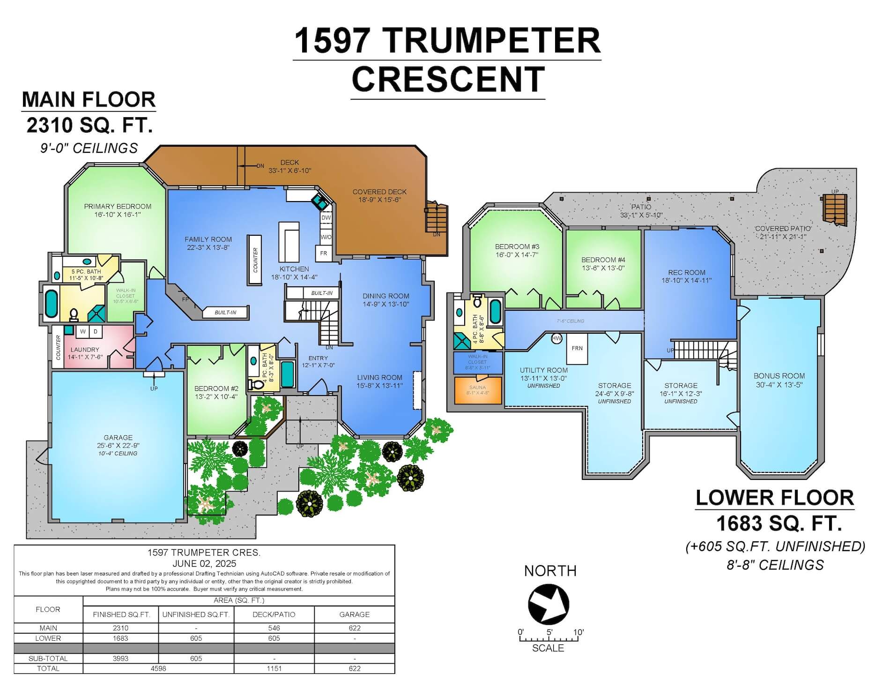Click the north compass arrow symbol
point(549,604)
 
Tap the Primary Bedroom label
point(118,207)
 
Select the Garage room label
point(118,438)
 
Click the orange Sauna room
point(478,390)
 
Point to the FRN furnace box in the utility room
point(577,348)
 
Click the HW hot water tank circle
point(556,338)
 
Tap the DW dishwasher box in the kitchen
point(326,218)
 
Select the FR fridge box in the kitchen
point(324,253)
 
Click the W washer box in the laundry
point(83,331)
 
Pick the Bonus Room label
point(779,376)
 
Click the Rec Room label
point(687,273)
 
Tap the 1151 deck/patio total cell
point(274,669)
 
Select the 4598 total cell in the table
point(158,669)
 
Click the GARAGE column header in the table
point(354,614)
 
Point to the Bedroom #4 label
point(603,260)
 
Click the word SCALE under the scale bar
point(548,648)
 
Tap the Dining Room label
point(386,296)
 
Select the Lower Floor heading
point(774,498)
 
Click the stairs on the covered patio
point(835,209)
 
